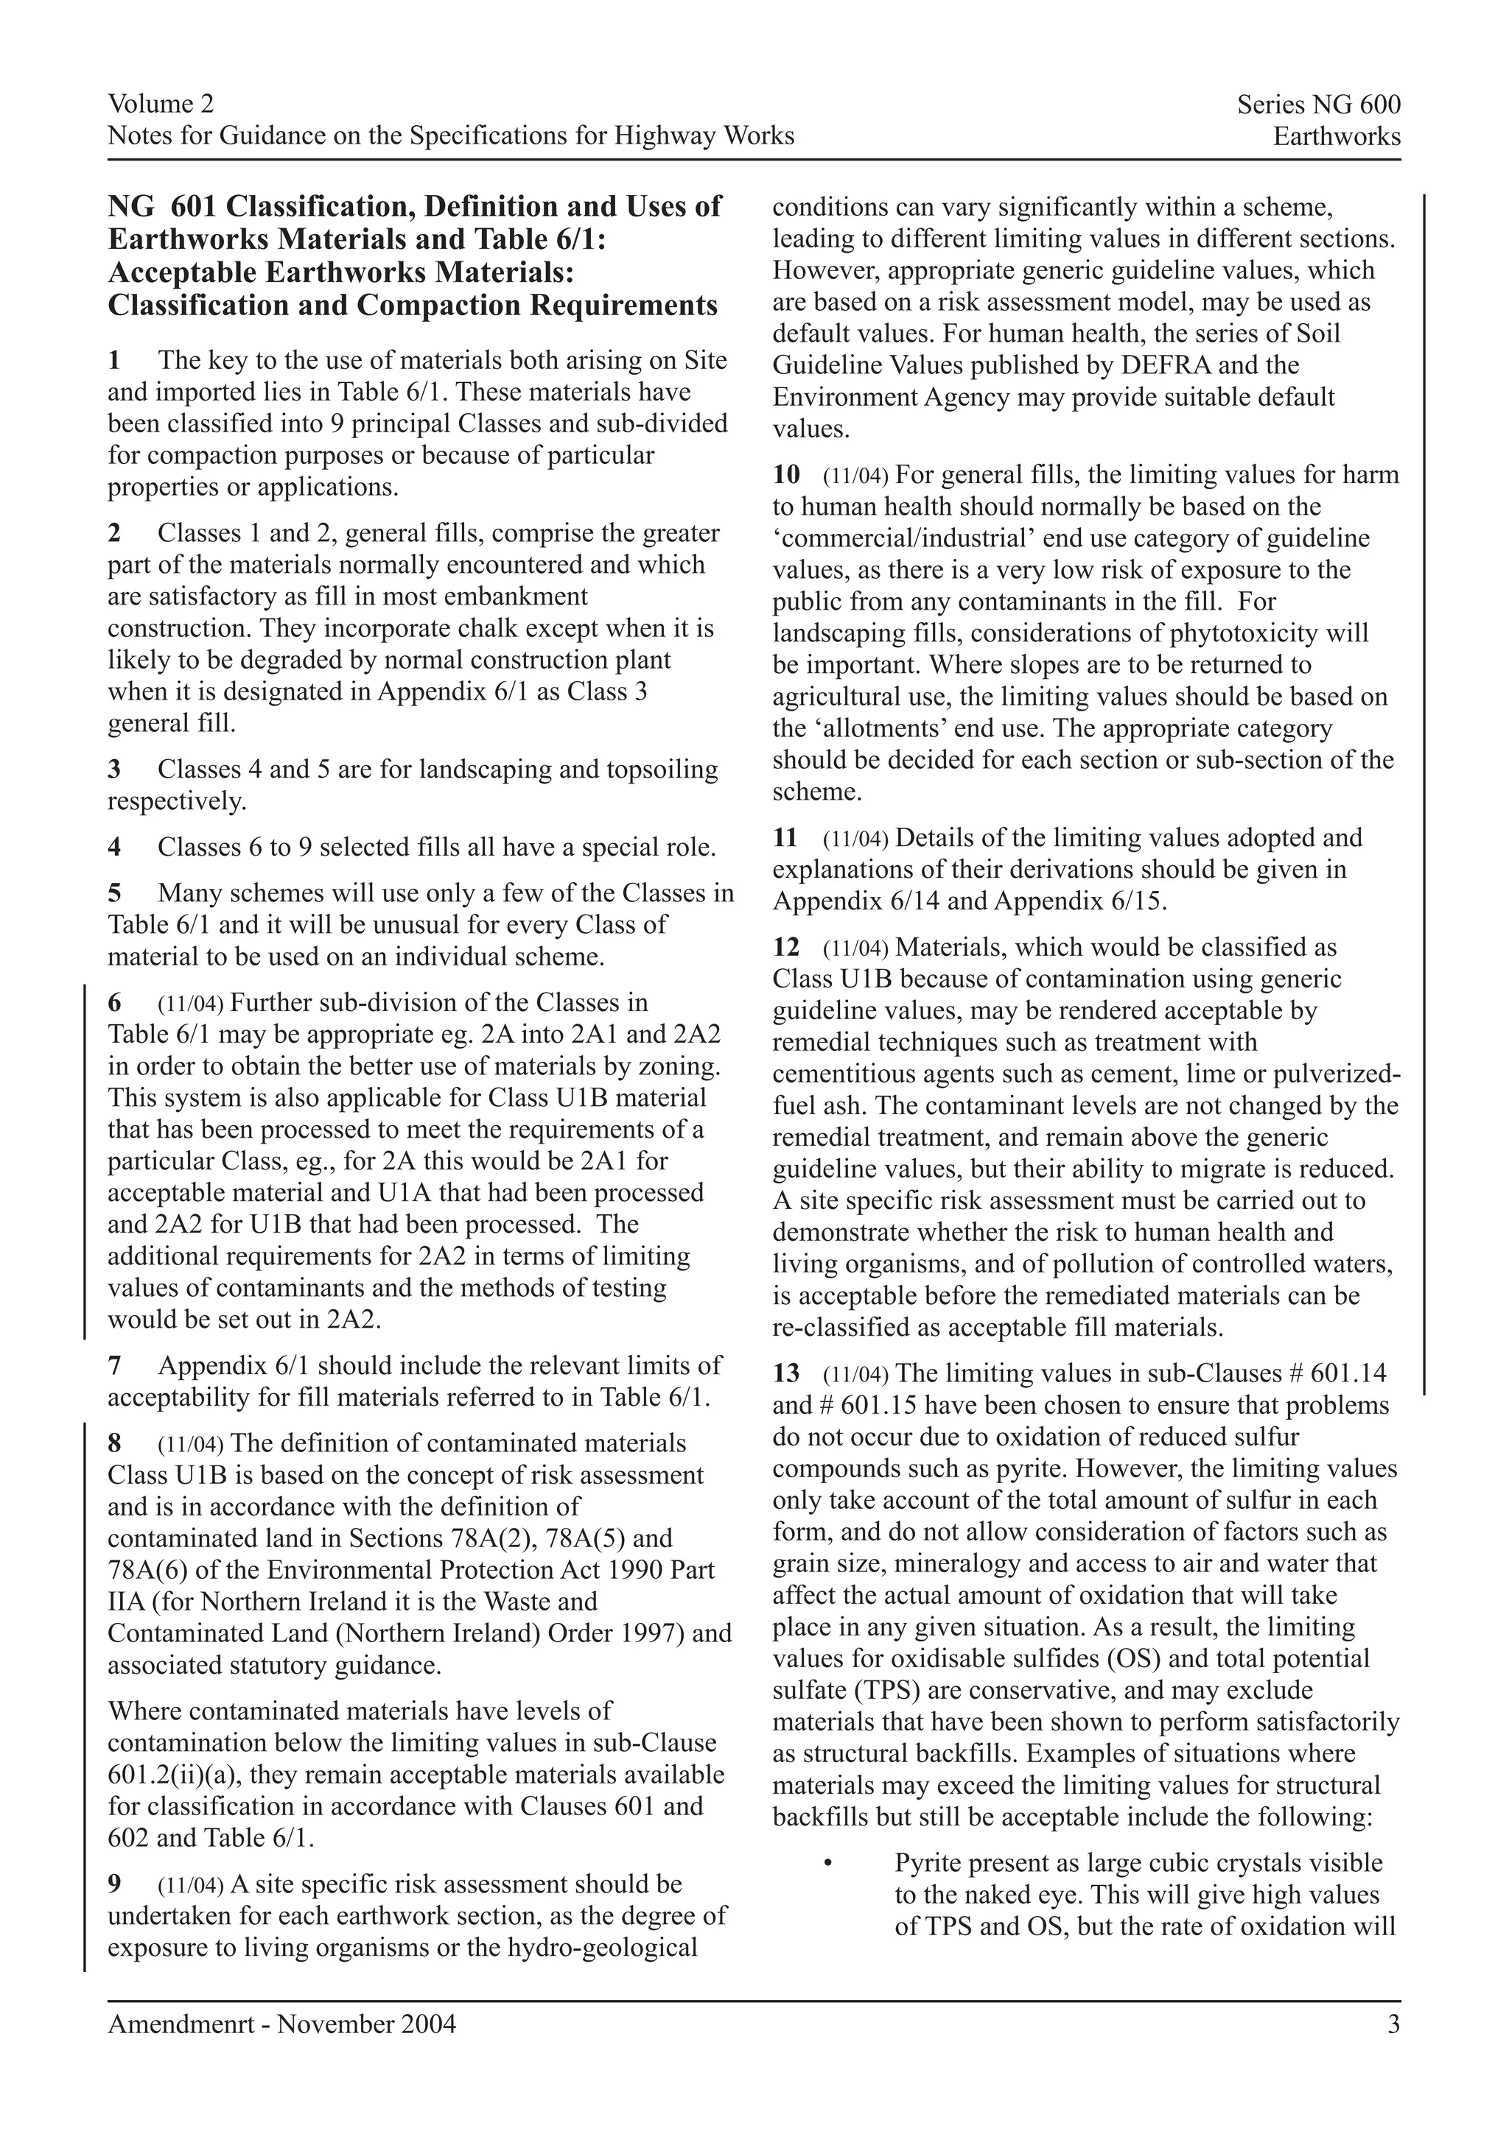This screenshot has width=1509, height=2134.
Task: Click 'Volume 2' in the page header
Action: pos(160,103)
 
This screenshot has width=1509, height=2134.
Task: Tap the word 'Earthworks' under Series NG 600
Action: pos(1336,137)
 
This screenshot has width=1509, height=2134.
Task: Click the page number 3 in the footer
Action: pos(1393,2024)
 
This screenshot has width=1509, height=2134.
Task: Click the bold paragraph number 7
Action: pos(114,1365)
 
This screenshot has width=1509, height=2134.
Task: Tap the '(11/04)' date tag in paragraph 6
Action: pos(191,1004)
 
